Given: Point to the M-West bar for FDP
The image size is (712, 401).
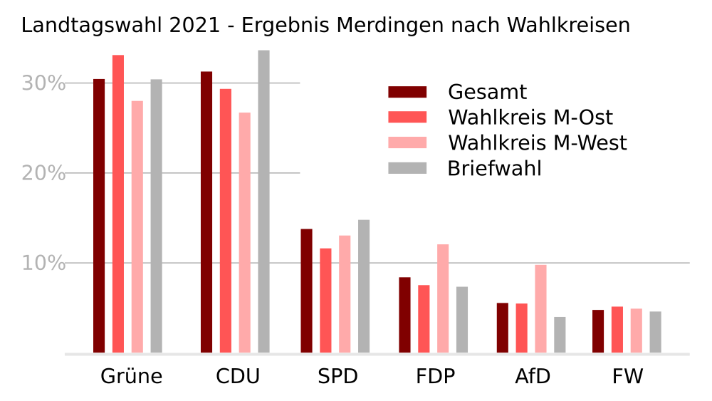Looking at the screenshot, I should tap(443, 298).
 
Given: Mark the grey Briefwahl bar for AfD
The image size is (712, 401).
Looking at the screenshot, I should tap(560, 335).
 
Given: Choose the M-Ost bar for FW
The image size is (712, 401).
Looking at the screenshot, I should tap(617, 330).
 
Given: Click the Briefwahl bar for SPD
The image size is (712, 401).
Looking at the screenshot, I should tap(364, 286).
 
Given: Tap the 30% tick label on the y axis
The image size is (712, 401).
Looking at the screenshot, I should tap(43, 83).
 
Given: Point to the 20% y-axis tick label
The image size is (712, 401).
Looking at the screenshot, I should tap(43, 173).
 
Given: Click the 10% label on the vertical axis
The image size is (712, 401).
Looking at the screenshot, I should tap(43, 264).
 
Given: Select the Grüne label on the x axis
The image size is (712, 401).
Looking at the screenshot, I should tap(132, 376).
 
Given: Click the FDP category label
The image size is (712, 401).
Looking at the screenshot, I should tap(435, 376).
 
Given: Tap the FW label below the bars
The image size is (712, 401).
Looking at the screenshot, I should tap(627, 376).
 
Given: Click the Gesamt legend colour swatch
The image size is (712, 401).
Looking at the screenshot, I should tap(407, 92).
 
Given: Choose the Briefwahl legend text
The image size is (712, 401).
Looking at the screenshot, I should tap(495, 169).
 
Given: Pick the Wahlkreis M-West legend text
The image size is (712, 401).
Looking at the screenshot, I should tap(538, 143).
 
